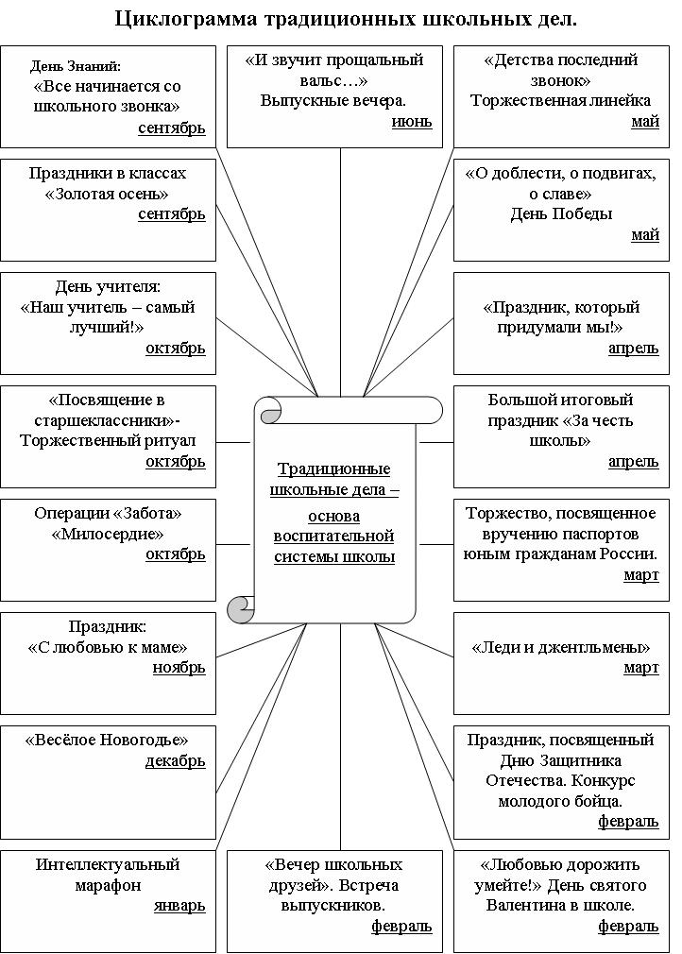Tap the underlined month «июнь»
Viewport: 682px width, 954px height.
click(x=412, y=121)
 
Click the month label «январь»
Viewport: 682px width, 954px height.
click(x=179, y=905)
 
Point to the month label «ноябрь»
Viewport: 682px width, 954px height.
click(x=179, y=667)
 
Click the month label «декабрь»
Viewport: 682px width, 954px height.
click(x=175, y=761)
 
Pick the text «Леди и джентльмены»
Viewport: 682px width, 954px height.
click(x=561, y=647)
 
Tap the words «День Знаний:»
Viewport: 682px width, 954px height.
click(x=76, y=66)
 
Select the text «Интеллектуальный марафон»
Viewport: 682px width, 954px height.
click(x=108, y=875)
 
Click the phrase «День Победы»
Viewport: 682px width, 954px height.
click(x=561, y=213)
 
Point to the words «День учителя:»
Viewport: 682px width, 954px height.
click(x=108, y=286)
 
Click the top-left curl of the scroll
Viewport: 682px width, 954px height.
click(x=269, y=412)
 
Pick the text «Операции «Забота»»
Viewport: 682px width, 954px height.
click(x=108, y=513)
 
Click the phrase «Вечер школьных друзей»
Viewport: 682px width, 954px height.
click(x=334, y=875)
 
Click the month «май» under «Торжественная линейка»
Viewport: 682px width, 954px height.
click(x=645, y=121)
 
